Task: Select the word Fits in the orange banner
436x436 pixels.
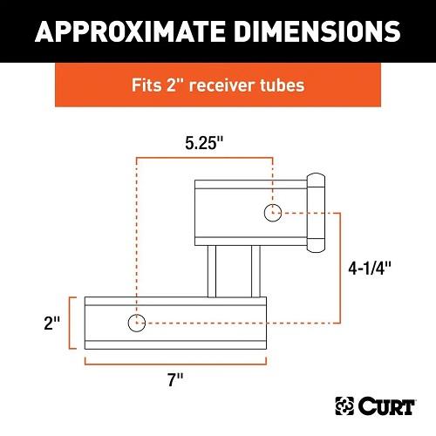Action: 146,85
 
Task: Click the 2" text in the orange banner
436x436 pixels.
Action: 175,85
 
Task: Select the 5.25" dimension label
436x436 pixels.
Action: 204,143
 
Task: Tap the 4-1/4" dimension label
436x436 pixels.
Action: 370,268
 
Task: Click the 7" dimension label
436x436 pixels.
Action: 175,380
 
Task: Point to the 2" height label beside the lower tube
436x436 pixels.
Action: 52,324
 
